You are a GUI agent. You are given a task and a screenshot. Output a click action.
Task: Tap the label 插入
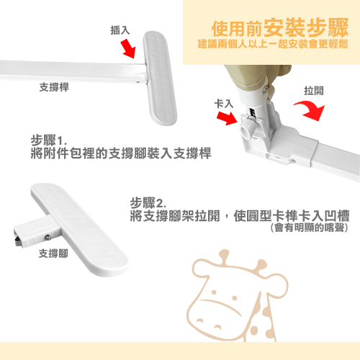(x=120, y=30)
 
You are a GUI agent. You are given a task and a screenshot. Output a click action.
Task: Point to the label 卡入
(x=225, y=104)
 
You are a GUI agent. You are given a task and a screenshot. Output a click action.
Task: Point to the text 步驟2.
(x=148, y=202)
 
